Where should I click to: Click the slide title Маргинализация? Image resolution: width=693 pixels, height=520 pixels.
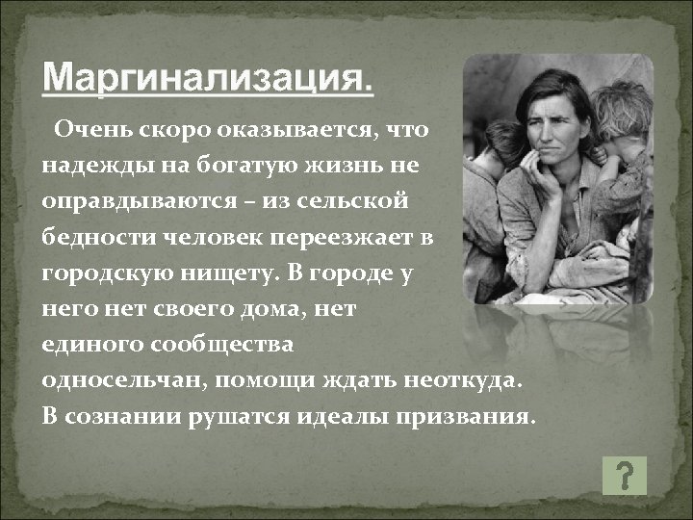208,77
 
